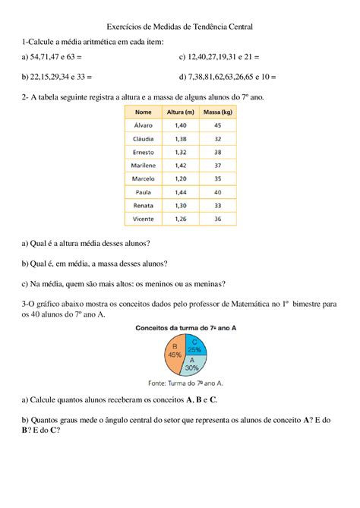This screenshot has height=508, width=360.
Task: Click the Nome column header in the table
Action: (x=144, y=112)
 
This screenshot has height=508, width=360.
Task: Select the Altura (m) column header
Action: (x=180, y=112)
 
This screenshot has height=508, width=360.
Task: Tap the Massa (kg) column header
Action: (x=217, y=112)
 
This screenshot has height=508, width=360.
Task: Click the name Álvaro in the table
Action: (x=144, y=125)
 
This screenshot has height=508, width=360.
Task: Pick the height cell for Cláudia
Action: (x=180, y=138)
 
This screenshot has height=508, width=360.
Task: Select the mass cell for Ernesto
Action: (x=217, y=152)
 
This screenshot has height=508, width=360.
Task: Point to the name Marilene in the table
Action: (x=144, y=165)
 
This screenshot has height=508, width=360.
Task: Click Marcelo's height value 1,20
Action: (x=180, y=178)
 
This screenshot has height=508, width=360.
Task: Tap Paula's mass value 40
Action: (x=217, y=192)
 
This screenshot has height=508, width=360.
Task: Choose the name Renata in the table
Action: (x=144, y=206)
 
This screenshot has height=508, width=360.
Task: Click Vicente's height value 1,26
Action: (x=180, y=219)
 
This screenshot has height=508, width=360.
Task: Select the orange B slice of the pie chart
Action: (x=172, y=355)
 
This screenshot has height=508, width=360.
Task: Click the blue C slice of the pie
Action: (x=194, y=346)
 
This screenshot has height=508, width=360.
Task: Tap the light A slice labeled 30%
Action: (x=191, y=365)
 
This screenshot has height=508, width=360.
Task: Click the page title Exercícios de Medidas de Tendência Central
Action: (x=179, y=26)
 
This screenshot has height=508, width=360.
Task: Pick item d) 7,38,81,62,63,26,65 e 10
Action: (x=227, y=77)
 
